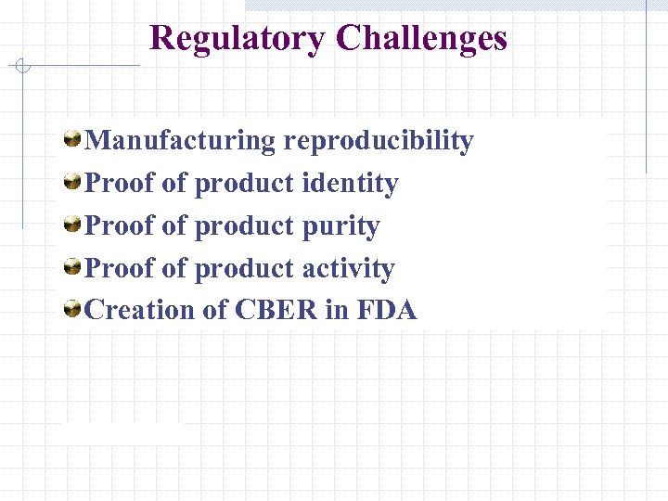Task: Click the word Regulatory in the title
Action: [x=238, y=39]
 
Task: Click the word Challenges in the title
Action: [x=422, y=39]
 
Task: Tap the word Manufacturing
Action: [x=180, y=141]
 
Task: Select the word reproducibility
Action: [x=379, y=141]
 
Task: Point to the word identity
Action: [x=350, y=184]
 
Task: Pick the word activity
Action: [x=349, y=269]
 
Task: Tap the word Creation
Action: [x=139, y=311]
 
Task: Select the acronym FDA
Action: [x=386, y=311]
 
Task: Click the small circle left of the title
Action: [x=22, y=66]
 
